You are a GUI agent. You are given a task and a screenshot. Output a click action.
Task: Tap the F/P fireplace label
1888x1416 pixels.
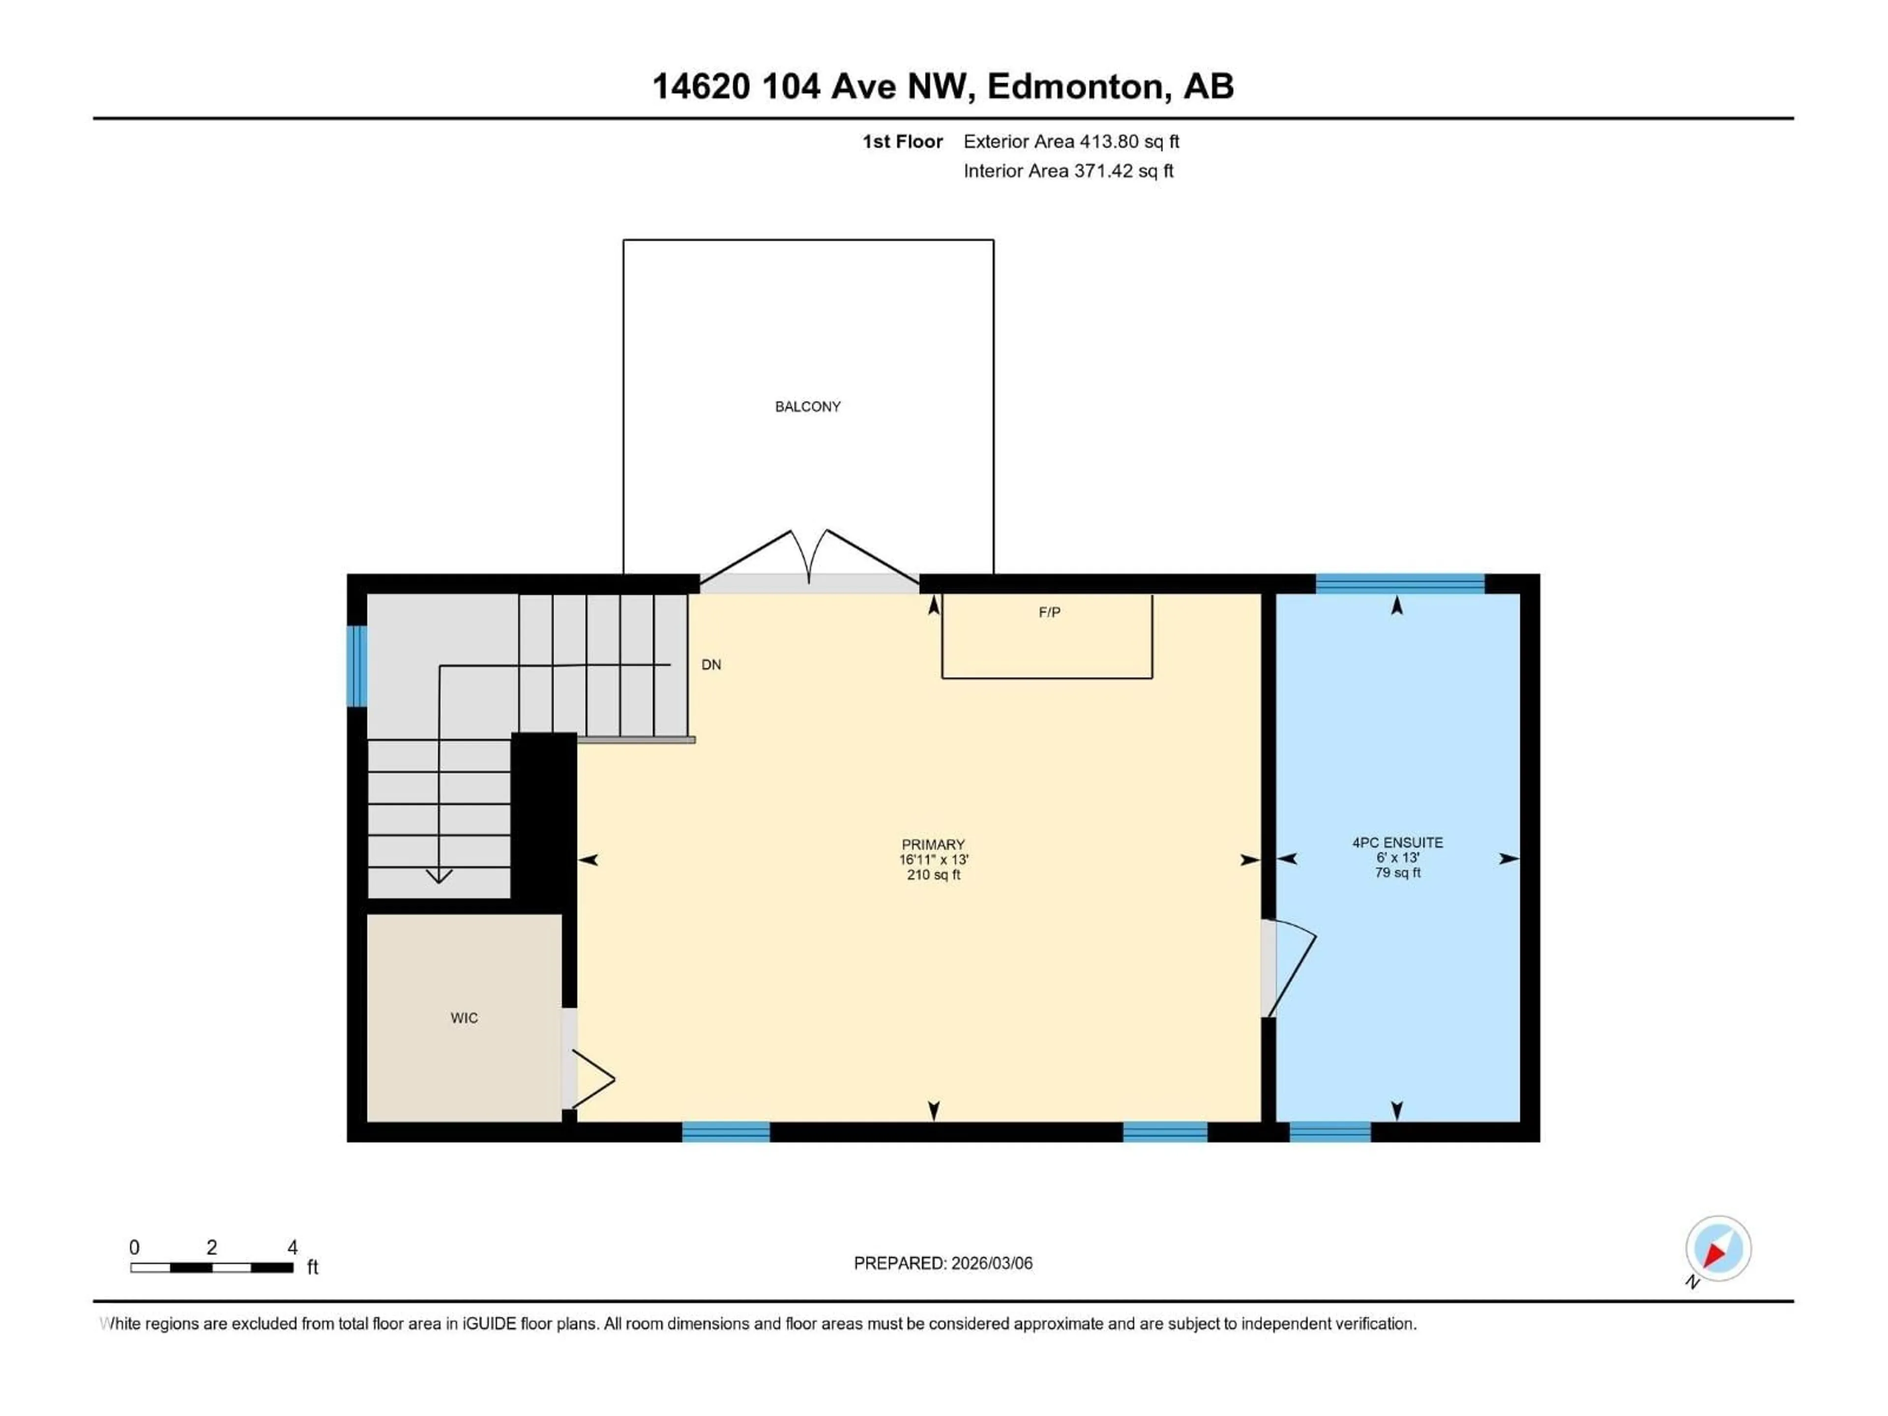coord(1049,612)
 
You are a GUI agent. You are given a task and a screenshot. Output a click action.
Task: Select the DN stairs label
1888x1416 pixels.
coord(711,665)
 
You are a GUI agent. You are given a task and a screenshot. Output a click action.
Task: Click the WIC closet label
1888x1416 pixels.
coord(464,1017)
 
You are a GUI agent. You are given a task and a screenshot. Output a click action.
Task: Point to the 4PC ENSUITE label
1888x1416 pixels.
coord(1397,842)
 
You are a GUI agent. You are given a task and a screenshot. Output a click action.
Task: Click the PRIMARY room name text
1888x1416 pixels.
coord(933,844)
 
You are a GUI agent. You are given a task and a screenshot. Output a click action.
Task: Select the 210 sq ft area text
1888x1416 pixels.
coord(933,875)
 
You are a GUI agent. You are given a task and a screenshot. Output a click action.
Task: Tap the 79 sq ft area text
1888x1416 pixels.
coord(1397,872)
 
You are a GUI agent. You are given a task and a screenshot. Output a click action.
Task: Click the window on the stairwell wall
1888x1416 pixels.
coord(357,666)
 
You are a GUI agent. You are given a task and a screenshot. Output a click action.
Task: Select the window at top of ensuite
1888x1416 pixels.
coord(1400,584)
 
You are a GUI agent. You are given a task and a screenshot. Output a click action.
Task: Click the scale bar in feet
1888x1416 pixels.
coord(212,1268)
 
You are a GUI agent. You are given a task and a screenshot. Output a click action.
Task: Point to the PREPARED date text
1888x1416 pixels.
coord(943,1263)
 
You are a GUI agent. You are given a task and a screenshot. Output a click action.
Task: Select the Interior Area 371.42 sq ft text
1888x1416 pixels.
coord(1068,171)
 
